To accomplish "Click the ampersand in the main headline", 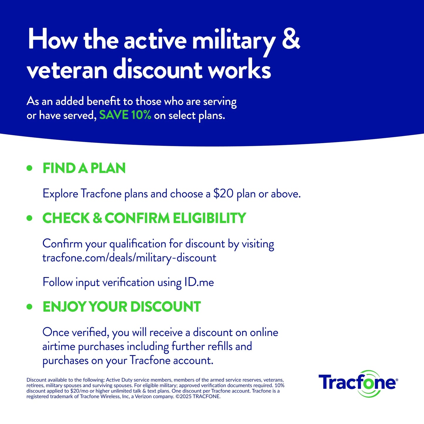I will (x=291, y=39).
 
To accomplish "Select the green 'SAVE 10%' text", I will (x=125, y=115).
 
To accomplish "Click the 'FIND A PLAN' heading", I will (x=84, y=168).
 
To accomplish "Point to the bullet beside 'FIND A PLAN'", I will (x=29, y=168).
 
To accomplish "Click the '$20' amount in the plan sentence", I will (x=223, y=194).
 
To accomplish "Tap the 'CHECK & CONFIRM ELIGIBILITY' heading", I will (x=144, y=218).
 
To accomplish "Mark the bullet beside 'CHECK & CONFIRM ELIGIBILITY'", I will (x=29, y=218).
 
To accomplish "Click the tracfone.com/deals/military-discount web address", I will (x=129, y=258).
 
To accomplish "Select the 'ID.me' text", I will (x=199, y=282).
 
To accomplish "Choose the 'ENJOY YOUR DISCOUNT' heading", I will (x=121, y=307).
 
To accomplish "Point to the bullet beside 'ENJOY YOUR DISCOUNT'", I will (x=29, y=307).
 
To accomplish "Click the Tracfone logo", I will (x=358, y=383).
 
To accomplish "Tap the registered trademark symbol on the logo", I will (x=397, y=380).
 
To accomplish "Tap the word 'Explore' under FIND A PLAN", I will (x=60, y=194).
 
